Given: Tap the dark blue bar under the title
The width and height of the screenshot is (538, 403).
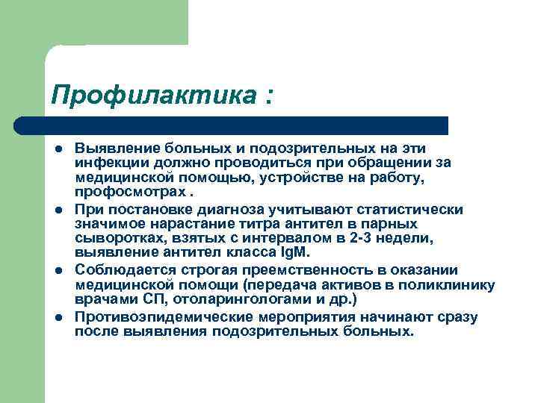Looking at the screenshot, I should point(232,125).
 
